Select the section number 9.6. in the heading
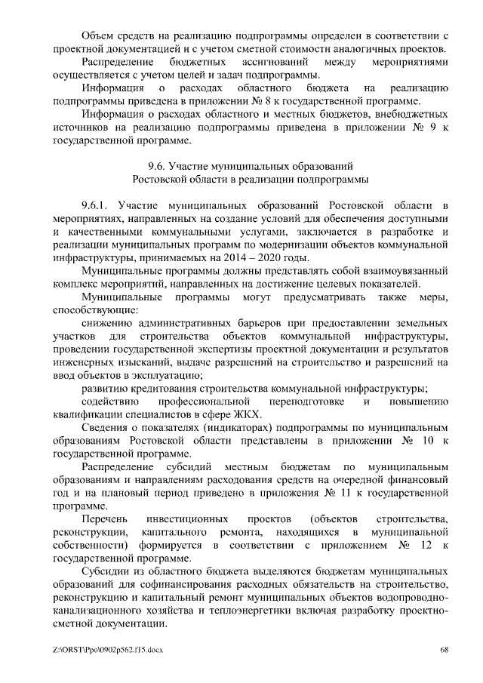[x=157, y=165]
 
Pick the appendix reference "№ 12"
[x=405, y=545]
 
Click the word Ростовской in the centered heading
[x=165, y=179]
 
